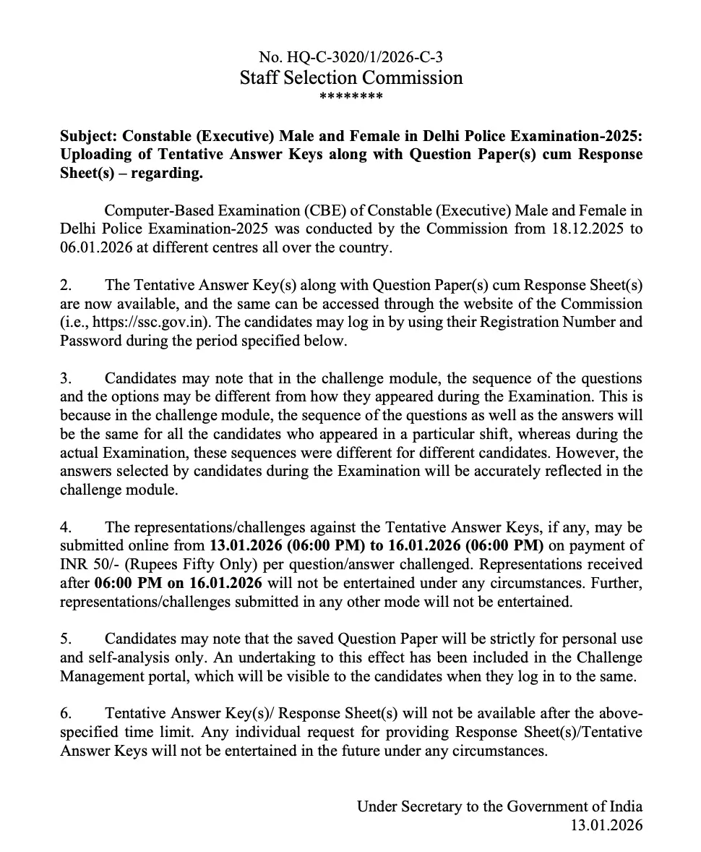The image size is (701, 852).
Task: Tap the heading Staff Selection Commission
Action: tap(351, 77)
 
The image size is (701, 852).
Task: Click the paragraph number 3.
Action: tap(64, 378)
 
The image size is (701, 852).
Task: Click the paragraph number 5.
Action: tap(64, 639)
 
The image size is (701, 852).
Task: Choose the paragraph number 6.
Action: tap(64, 713)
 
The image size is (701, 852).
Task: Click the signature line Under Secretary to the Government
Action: tap(499, 806)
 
